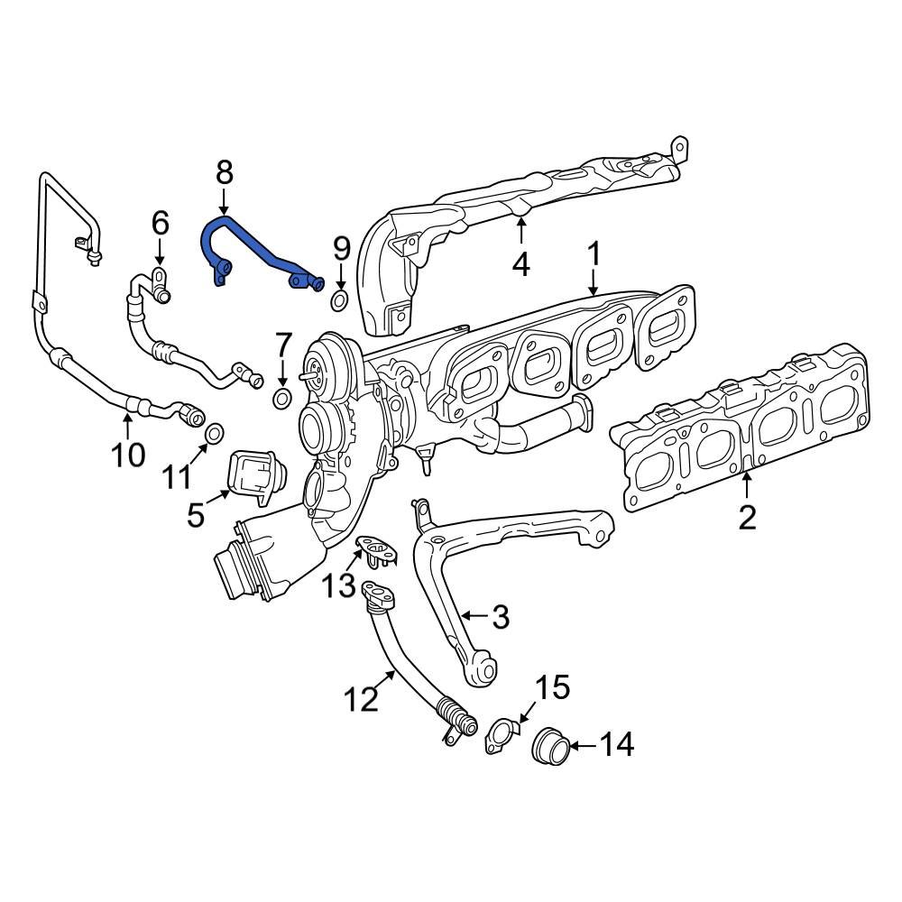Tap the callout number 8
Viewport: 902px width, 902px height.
click(224, 171)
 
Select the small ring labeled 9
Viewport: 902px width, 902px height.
click(339, 300)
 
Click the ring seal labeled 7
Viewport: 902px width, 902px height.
click(282, 400)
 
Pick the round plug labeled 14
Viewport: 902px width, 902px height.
click(551, 746)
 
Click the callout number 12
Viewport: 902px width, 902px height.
click(362, 698)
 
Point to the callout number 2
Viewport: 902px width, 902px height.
click(747, 517)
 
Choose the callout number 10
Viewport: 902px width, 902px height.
click(128, 454)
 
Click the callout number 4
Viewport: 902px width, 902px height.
click(521, 263)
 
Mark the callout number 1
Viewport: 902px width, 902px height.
click(594, 254)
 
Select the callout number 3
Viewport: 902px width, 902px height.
click(500, 617)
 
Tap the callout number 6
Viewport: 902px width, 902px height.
click(160, 222)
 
